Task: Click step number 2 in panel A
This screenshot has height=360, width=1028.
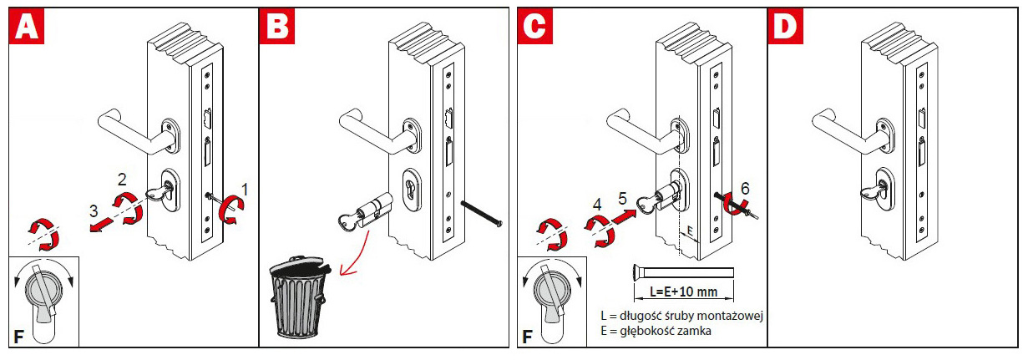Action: [122, 178]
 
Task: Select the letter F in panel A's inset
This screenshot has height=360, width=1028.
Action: [18, 337]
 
